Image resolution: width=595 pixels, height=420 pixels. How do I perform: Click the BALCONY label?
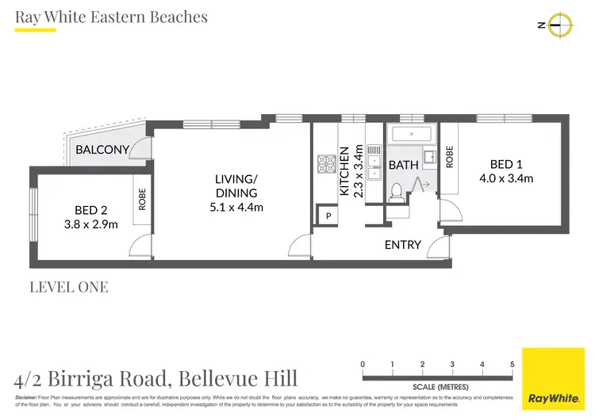point(102,150)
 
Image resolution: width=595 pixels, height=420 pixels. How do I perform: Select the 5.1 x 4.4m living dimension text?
point(236,208)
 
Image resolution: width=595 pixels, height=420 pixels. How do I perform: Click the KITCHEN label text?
point(344,170)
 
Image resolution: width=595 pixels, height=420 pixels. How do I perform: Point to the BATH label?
point(403,165)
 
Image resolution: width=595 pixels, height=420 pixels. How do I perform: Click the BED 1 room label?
point(506,165)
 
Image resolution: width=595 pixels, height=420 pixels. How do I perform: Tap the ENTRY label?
point(402,245)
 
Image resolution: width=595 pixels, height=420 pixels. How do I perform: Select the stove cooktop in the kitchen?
point(325,164)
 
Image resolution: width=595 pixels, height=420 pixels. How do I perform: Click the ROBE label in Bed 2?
point(143,198)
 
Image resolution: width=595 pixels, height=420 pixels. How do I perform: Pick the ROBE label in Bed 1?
point(449,156)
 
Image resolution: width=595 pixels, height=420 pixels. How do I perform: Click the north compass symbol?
point(561,25)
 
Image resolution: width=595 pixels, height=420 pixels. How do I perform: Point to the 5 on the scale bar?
point(512,365)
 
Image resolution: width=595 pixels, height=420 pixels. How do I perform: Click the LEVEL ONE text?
point(68,287)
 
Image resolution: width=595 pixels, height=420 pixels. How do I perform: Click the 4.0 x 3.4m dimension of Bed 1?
point(506,178)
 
